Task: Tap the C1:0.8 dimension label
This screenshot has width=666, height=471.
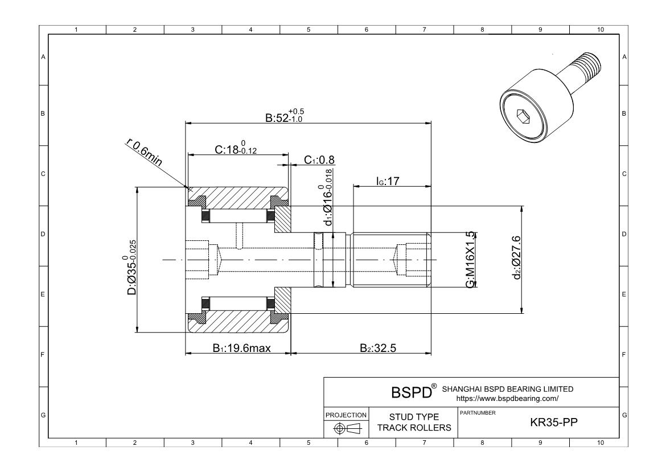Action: (319, 160)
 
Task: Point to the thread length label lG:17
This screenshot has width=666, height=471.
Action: (389, 181)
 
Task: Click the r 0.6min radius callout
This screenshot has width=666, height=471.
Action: (143, 153)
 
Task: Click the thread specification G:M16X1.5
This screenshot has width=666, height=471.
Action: (470, 260)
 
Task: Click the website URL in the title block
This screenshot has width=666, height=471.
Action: (507, 399)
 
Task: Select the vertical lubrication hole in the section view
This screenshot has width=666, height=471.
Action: (241, 235)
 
